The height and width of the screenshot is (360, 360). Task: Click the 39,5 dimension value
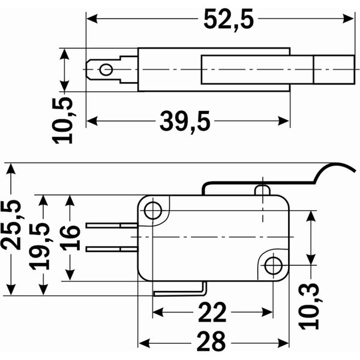(x=185, y=122)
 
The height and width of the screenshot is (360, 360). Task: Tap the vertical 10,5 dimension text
(x=62, y=121)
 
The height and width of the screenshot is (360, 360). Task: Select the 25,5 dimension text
(x=11, y=225)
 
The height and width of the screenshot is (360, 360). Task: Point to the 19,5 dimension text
(x=40, y=246)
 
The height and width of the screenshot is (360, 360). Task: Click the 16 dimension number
(x=70, y=238)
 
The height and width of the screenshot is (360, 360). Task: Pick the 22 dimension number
(x=212, y=313)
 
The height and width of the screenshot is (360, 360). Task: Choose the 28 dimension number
(x=211, y=341)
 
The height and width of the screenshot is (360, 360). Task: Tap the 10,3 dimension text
(x=309, y=306)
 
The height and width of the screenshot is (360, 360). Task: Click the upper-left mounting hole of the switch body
(x=153, y=211)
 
